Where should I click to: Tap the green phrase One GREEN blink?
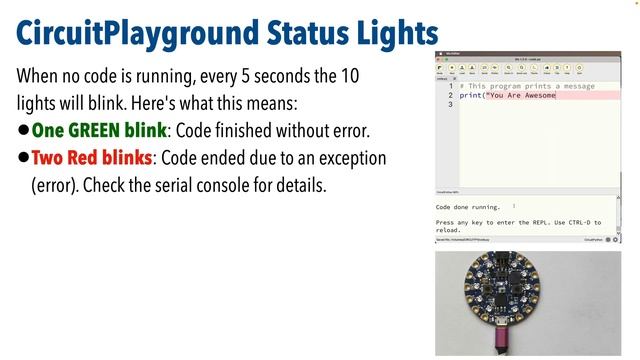pos(99,131)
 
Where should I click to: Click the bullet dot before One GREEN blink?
pos(23,131)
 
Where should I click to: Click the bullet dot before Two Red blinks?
pos(23,159)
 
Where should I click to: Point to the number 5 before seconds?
pos(261,76)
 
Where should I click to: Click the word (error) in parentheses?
pos(58,186)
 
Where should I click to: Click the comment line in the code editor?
pos(521,87)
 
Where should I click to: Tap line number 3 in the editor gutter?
pos(450,104)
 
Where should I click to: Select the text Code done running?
pos(468,207)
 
